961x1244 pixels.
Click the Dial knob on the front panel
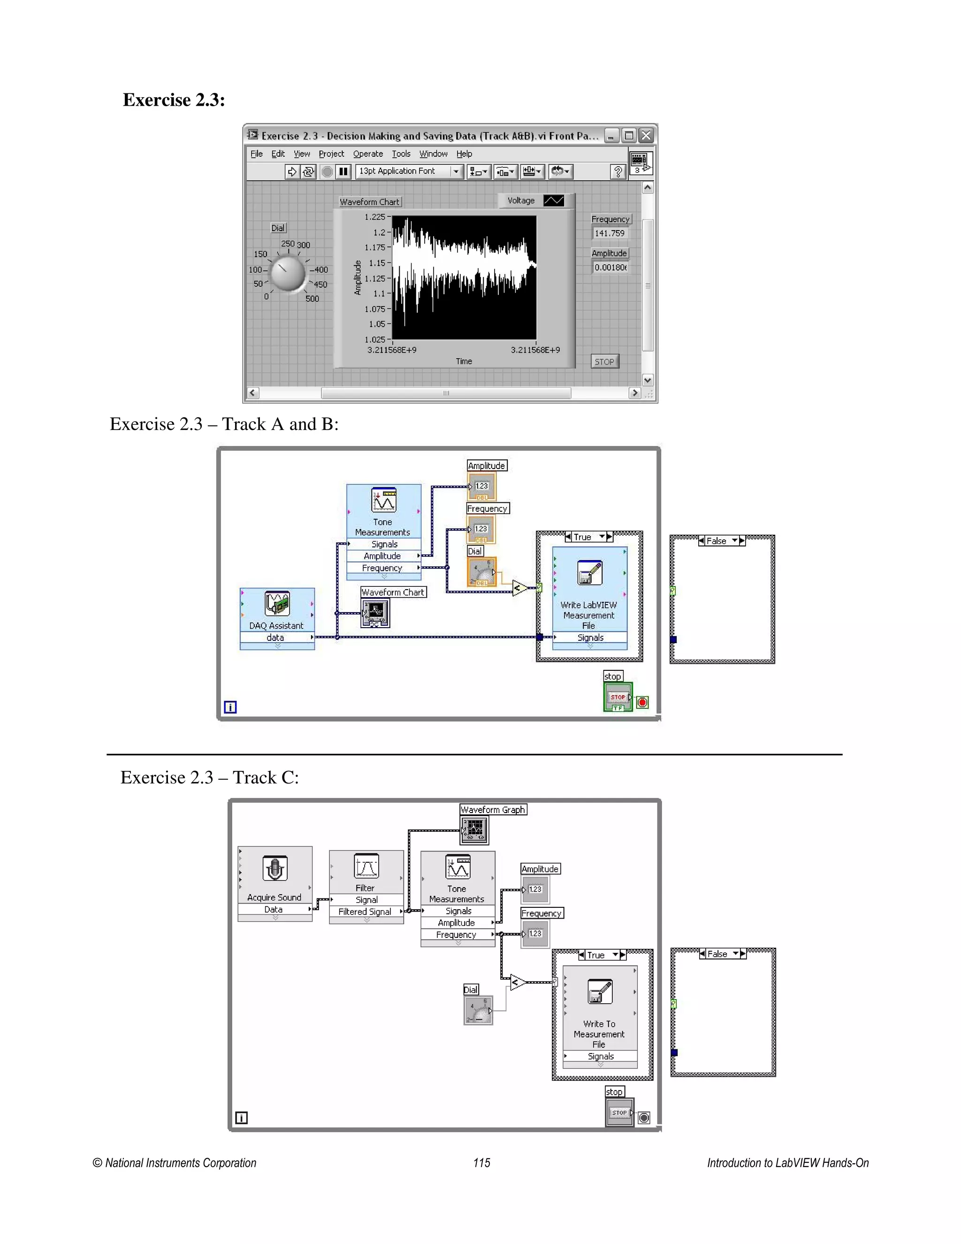[x=288, y=273]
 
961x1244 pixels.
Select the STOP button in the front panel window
[x=604, y=361]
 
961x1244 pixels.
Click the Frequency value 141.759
[x=610, y=233]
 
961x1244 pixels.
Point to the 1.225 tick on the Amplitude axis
[x=375, y=217]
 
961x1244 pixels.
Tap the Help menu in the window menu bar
[x=464, y=154]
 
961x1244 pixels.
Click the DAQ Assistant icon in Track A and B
[x=277, y=604]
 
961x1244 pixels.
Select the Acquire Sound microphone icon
[x=275, y=868]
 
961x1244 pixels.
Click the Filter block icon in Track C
[x=366, y=867]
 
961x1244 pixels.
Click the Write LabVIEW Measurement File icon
[x=589, y=573]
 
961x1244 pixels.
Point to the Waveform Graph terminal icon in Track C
[x=474, y=830]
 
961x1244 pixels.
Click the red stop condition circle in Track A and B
[x=642, y=702]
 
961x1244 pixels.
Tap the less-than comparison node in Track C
[x=518, y=983]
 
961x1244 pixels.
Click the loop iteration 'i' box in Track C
[x=241, y=1118]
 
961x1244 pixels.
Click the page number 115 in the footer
[x=481, y=1162]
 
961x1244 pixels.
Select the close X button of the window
[x=646, y=136]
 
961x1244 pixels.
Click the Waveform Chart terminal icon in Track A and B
[x=375, y=614]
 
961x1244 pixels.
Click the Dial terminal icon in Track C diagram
[x=478, y=1011]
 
